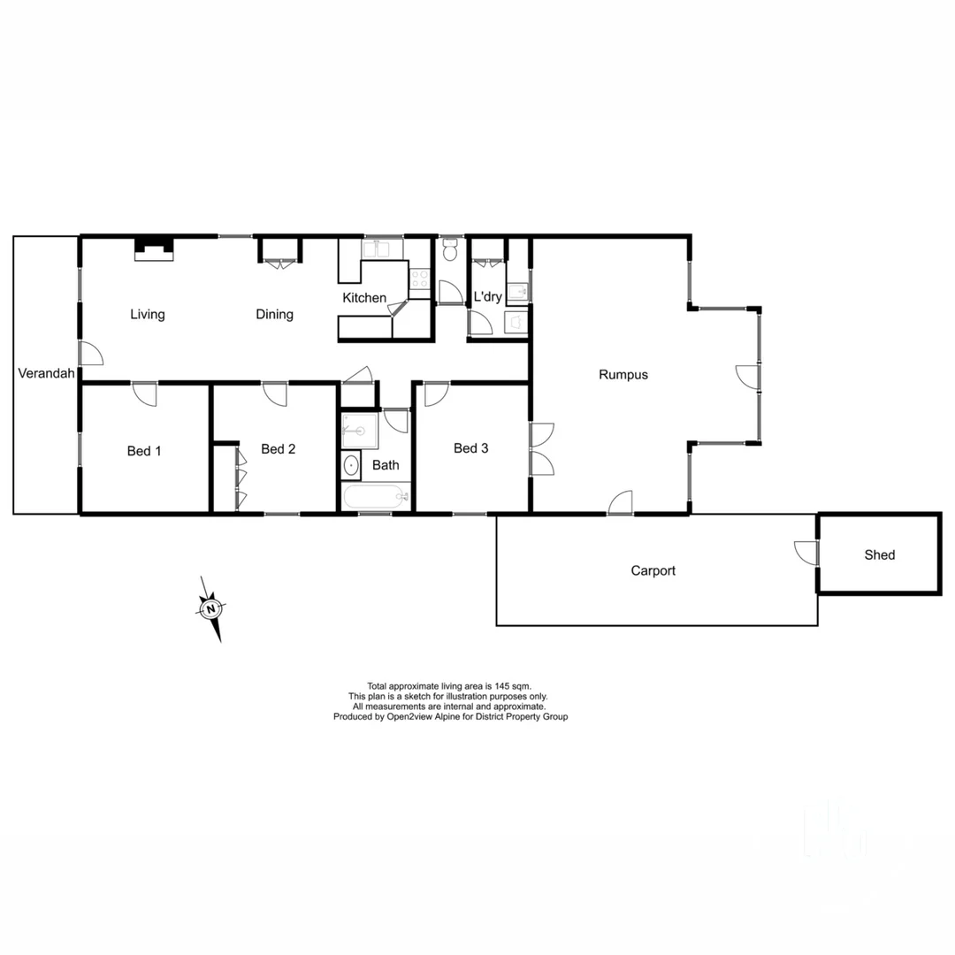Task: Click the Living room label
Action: click(148, 314)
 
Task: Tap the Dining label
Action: click(274, 314)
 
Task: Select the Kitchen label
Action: click(364, 298)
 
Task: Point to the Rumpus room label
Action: click(623, 374)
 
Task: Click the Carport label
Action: click(653, 570)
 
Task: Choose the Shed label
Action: click(879, 554)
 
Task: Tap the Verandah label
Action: click(46, 373)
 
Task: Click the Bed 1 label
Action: click(144, 451)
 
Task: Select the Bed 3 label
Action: click(470, 448)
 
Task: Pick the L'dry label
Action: click(487, 297)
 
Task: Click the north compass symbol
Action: click(211, 609)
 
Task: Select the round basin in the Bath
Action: click(351, 465)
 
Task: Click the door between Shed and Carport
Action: click(807, 552)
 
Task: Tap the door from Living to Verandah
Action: click(90, 354)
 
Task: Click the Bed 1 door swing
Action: click(144, 393)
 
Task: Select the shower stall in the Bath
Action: click(359, 431)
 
